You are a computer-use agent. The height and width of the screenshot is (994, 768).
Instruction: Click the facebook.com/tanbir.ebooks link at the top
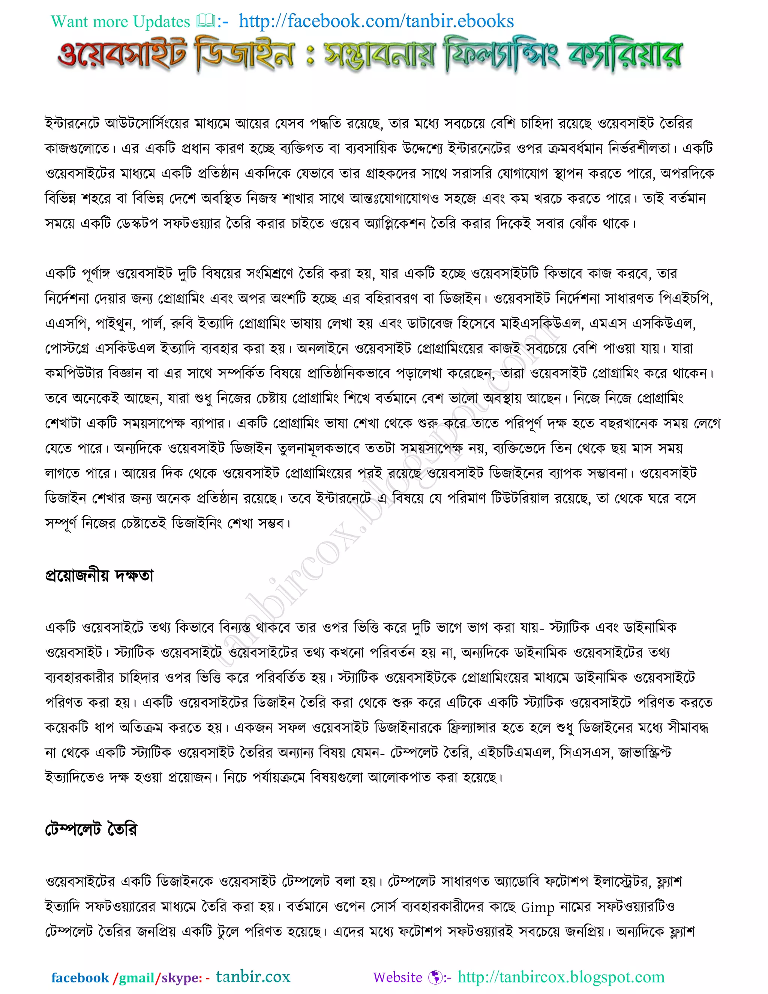tap(376, 21)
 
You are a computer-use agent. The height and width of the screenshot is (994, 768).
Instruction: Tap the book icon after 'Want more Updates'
tap(205, 21)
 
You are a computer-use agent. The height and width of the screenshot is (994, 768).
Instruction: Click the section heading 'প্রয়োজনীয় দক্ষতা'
tap(99, 575)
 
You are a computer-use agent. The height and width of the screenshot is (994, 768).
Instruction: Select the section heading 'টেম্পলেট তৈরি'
tap(91, 829)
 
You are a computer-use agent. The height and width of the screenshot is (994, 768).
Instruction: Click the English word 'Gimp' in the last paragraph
tap(537, 907)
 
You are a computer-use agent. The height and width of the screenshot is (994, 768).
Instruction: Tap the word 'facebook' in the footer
tap(80, 977)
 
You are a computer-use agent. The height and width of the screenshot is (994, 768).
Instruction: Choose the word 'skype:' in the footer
tap(181, 977)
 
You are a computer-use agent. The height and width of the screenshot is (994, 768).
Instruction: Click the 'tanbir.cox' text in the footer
tap(253, 976)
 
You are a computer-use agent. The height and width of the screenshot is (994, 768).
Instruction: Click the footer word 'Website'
tap(397, 977)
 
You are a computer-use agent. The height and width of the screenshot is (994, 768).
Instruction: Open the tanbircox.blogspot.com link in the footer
tap(561, 977)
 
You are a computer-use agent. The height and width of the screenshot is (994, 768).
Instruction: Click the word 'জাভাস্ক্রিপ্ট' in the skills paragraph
tap(645, 753)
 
